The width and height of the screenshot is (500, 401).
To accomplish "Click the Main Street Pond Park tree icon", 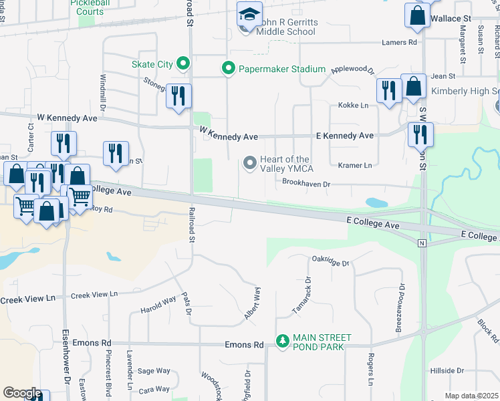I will point(283,342).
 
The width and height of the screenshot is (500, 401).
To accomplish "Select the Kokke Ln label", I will point(354,106).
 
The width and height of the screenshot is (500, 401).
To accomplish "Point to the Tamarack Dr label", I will point(301,296).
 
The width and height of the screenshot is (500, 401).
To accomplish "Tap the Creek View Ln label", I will point(94,294).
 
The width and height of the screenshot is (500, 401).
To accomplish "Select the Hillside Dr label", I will point(447,370).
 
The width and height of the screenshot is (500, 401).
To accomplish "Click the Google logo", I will point(22,393).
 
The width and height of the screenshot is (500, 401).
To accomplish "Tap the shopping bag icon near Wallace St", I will point(417,15).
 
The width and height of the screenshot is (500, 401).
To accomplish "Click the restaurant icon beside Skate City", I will point(178,95).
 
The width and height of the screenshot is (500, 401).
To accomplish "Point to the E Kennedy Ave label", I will point(344,136).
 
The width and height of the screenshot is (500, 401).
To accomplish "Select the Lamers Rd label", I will point(399,43).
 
